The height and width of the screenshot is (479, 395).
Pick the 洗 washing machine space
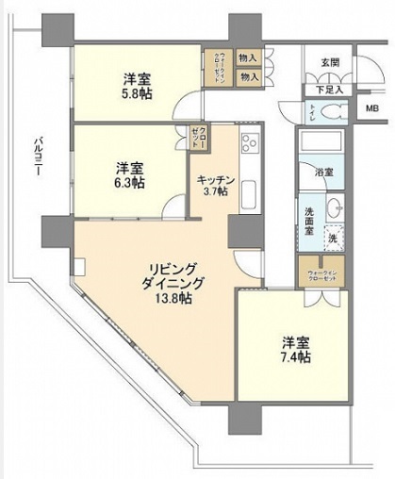[333, 238]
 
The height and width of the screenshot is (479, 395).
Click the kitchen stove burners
[250, 144]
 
